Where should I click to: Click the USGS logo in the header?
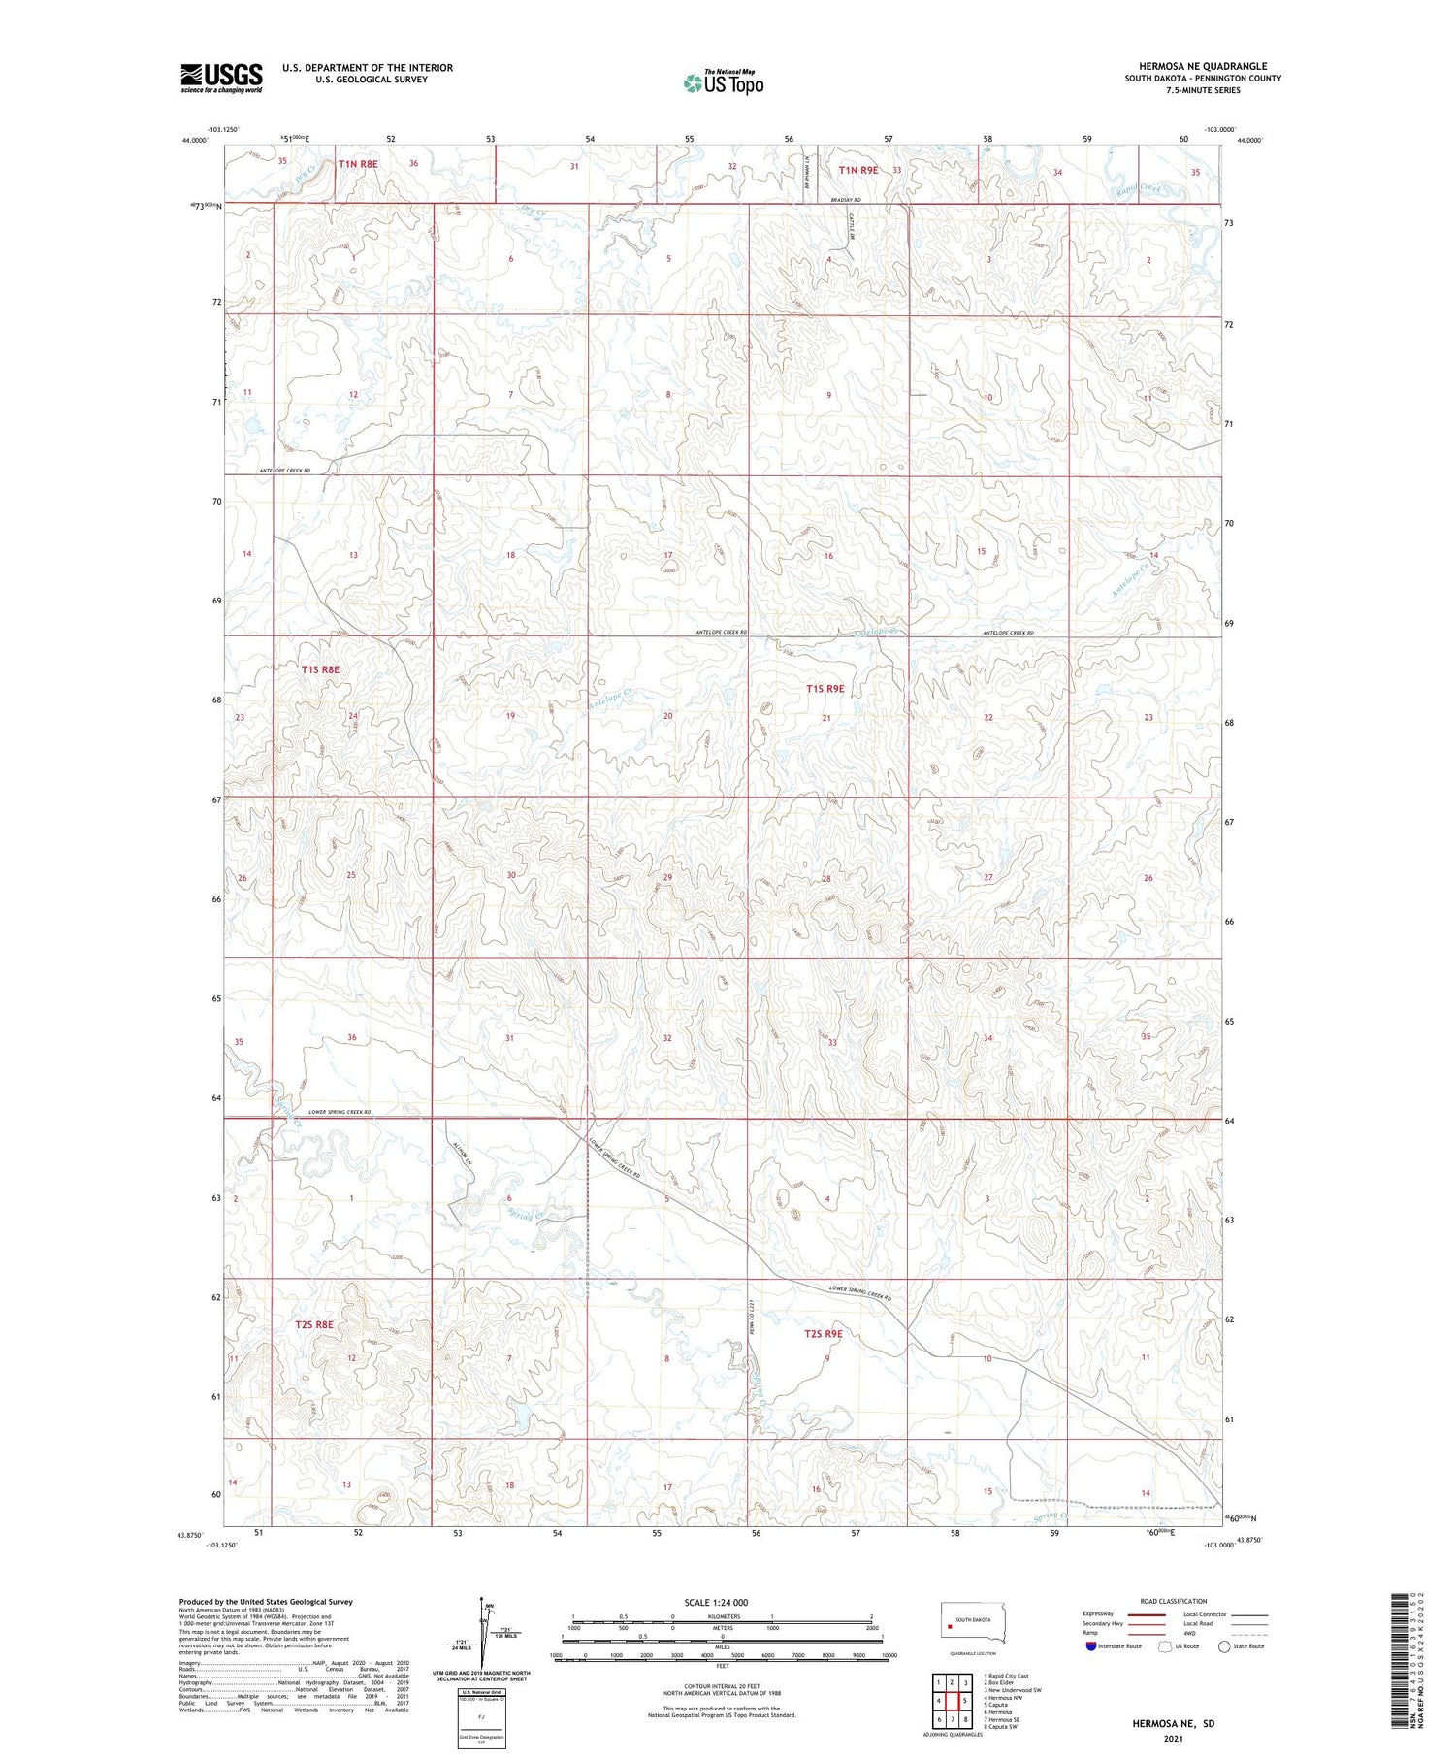pos(221,78)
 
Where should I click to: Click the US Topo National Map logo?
pos(723,82)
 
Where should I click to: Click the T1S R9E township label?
pos(825,689)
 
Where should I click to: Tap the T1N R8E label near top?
pos(358,165)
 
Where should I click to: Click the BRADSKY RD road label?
pos(845,200)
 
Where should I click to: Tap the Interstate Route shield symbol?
pos(1092,1645)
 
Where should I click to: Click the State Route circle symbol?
pos(1224,1645)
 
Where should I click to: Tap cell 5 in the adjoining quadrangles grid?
pos(965,1701)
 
